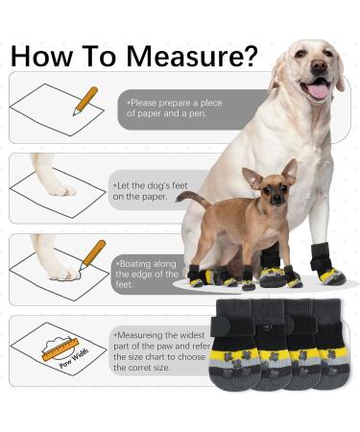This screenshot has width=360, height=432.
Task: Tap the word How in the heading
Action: click(42, 56)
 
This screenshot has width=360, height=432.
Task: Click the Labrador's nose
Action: click(319, 65)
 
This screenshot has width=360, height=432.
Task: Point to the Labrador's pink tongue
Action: click(318, 90)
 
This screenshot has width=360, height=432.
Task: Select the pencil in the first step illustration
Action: click(85, 101)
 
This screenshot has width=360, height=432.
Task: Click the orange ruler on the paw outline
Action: click(60, 349)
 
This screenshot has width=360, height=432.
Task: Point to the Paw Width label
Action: click(74, 359)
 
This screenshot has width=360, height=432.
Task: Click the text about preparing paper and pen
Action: click(174, 108)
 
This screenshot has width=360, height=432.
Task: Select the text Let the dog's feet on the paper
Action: click(150, 191)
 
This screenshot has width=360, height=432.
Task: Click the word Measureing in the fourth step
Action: click(138, 335)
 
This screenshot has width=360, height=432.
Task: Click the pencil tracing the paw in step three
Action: click(92, 254)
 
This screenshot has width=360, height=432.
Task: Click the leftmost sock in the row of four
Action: click(235, 345)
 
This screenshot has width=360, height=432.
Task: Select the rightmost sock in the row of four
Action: click(329, 344)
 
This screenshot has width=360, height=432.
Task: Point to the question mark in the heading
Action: click(248, 56)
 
